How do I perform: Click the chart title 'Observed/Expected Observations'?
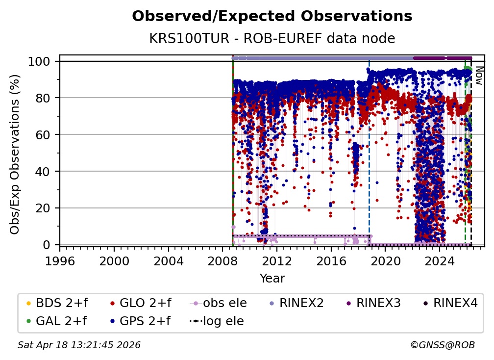click(x=272, y=16)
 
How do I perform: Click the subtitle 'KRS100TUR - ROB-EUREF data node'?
click(x=272, y=38)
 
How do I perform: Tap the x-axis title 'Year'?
click(x=272, y=279)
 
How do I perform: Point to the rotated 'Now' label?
click(x=479, y=76)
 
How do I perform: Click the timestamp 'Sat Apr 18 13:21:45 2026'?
click(x=79, y=345)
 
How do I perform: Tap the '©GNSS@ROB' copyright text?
click(x=443, y=345)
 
